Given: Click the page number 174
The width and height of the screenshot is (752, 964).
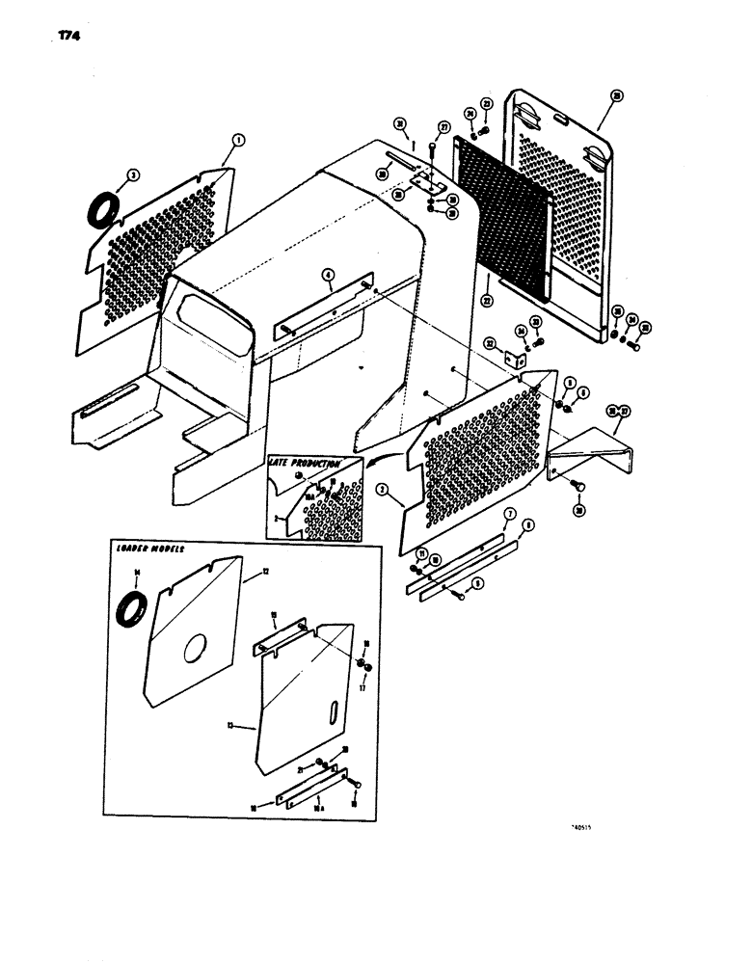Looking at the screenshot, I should (55, 37).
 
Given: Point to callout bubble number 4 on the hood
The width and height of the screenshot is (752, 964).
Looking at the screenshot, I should (329, 277).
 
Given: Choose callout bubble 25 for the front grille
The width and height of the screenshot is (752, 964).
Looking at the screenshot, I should (617, 95).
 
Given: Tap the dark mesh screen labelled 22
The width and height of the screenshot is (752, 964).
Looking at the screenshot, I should (501, 212).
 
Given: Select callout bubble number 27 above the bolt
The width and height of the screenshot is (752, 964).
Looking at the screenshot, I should (443, 127).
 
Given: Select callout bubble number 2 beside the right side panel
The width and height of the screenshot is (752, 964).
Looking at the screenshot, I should (383, 490).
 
